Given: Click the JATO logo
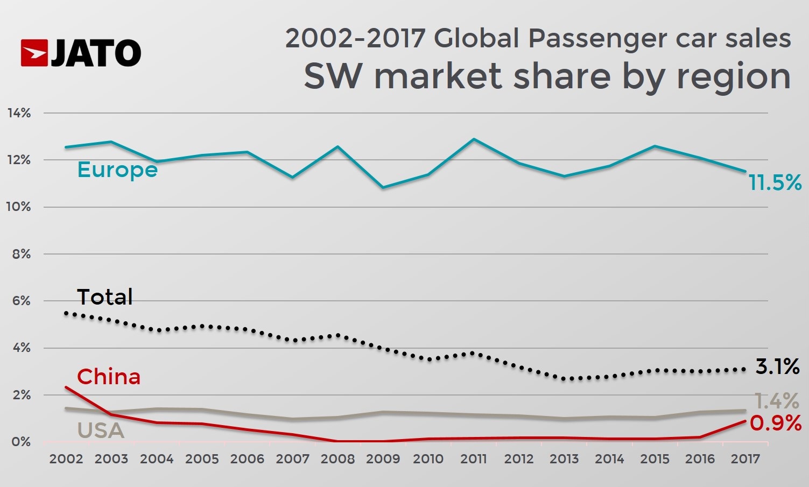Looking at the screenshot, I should point(81,53).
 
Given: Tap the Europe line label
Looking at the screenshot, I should point(117,170).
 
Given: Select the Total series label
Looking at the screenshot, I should point(104,297).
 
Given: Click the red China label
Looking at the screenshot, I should point(109,377).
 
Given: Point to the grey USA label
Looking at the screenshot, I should point(101,430).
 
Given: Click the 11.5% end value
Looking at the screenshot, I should point(775,183).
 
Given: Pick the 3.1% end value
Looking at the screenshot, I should point(777,367).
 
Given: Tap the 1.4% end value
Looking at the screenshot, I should point(776,401).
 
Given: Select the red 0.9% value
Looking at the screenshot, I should point(776,424).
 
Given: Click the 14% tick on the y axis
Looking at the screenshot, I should point(19,113).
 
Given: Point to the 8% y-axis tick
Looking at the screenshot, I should point(21,254).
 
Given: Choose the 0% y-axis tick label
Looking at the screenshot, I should point(21,442).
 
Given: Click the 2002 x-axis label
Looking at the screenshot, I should point(66,459).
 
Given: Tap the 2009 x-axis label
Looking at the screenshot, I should point(383,459).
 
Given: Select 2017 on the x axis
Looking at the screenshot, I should point(745,459).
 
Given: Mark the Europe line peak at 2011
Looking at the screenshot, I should point(474,139).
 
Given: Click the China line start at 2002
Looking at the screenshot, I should point(66,387).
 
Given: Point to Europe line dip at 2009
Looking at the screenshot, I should point(383,187).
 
